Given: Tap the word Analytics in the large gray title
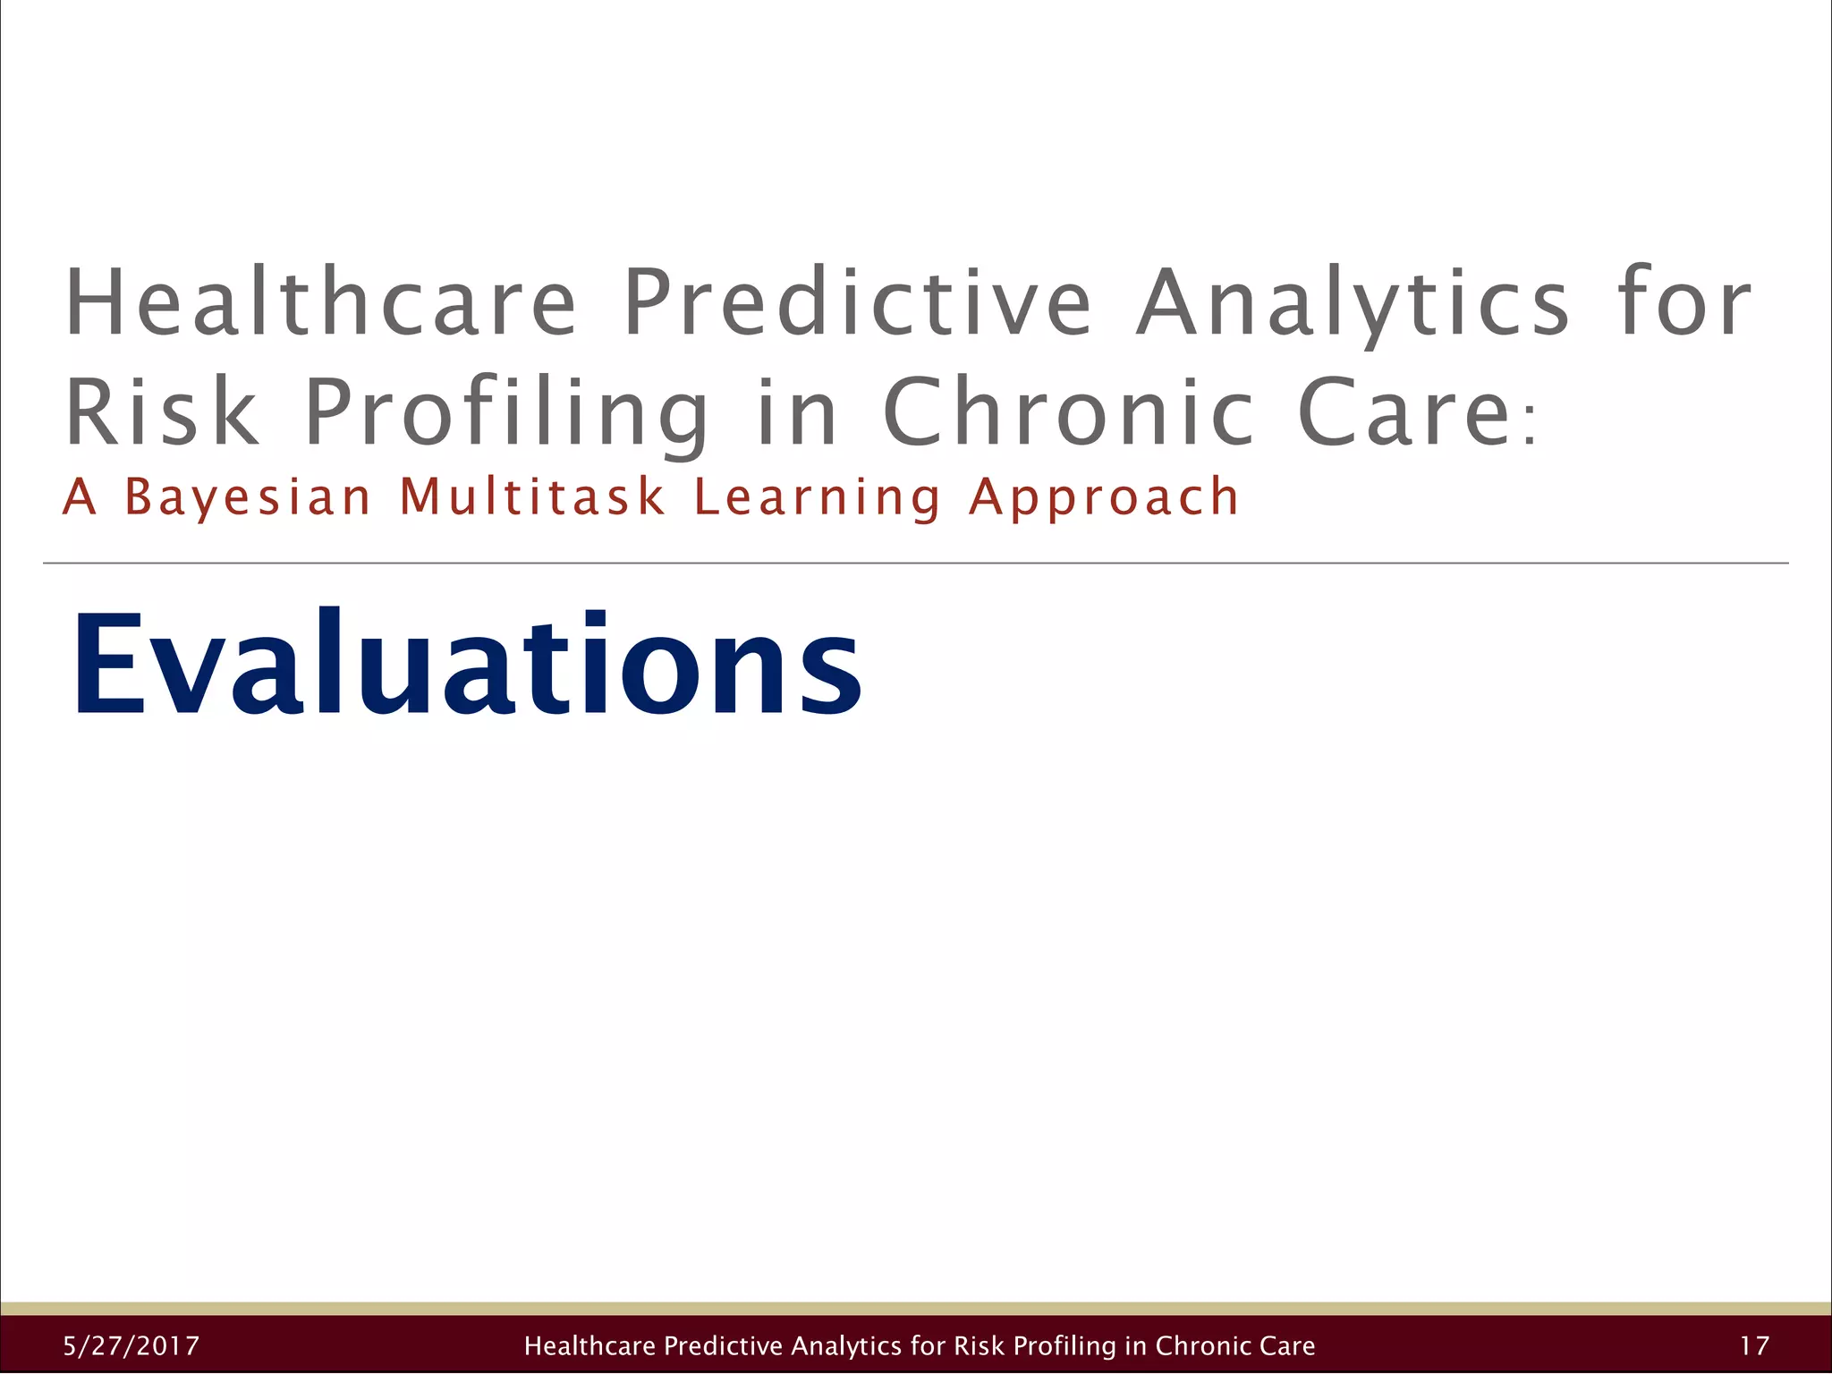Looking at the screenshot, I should click(x=1353, y=304).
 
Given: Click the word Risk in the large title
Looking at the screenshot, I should click(x=162, y=411).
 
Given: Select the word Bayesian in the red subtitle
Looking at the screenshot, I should click(x=247, y=497).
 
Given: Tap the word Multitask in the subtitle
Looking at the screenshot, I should click(x=532, y=496).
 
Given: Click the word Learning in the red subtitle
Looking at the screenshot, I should click(x=817, y=498).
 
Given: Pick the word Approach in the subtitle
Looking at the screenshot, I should click(x=1104, y=498).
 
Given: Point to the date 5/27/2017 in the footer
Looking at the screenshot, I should click(x=131, y=1345).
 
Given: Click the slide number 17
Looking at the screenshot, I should click(x=1754, y=1345).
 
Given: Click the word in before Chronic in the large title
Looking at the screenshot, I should click(x=796, y=411).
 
